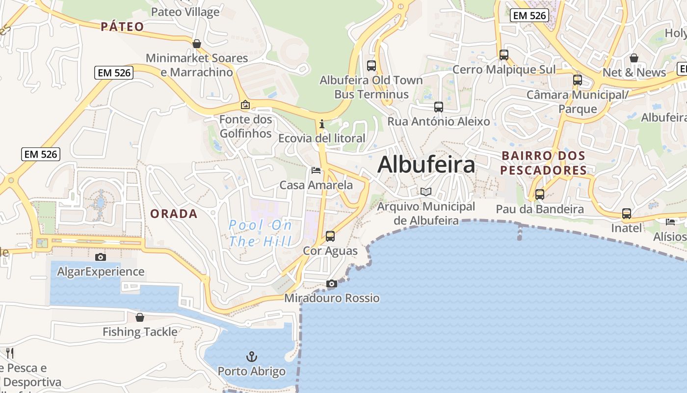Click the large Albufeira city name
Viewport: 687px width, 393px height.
pyautogui.click(x=426, y=165)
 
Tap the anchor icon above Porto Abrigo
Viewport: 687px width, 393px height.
pyautogui.click(x=251, y=356)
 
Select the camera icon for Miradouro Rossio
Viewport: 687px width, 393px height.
pyautogui.click(x=332, y=284)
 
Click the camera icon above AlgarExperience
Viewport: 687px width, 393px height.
pyautogui.click(x=100, y=257)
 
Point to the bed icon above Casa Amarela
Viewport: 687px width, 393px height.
pyautogui.click(x=316, y=170)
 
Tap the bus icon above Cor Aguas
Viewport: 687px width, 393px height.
pyautogui.click(x=330, y=236)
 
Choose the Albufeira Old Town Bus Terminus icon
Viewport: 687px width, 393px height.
pyautogui.click(x=371, y=65)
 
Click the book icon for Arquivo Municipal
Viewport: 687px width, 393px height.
pyautogui.click(x=426, y=192)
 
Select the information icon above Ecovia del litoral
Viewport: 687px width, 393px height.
pyautogui.click(x=322, y=124)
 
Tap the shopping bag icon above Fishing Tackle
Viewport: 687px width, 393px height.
pyautogui.click(x=140, y=317)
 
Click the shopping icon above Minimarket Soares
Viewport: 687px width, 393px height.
pyautogui.click(x=197, y=44)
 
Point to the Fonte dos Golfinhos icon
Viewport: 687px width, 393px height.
pyautogui.click(x=245, y=105)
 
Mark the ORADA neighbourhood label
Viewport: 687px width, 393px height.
pyautogui.click(x=174, y=214)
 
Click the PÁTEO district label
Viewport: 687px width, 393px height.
pyautogui.click(x=122, y=27)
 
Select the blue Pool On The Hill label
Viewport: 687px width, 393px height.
pyautogui.click(x=261, y=233)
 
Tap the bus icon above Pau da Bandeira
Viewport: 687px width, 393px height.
pyautogui.click(x=540, y=195)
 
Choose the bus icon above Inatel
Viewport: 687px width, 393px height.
pyautogui.click(x=627, y=214)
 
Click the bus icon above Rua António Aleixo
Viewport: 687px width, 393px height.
pyautogui.click(x=439, y=107)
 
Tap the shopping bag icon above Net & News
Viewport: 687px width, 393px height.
pyautogui.click(x=634, y=58)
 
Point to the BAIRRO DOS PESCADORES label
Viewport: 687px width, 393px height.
pyautogui.click(x=544, y=163)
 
